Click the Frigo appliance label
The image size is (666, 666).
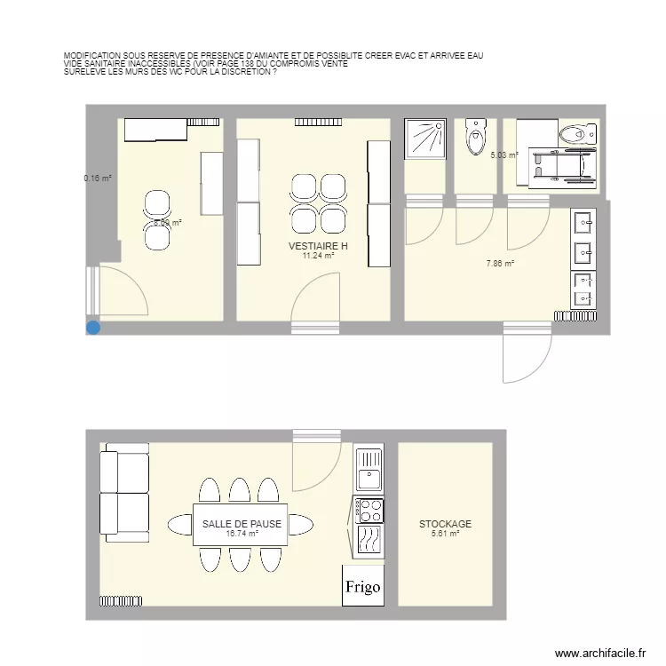(x=362, y=588)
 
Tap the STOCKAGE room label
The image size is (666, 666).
(x=445, y=524)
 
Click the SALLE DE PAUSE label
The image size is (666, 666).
(x=242, y=524)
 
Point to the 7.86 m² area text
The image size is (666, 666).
(x=500, y=263)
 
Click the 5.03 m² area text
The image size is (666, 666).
(x=503, y=155)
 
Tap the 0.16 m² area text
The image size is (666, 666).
(x=98, y=178)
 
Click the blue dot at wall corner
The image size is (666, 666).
(x=92, y=328)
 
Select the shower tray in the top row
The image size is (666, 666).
(x=425, y=139)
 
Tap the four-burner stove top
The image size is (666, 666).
(x=369, y=511)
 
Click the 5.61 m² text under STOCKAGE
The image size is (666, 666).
(x=445, y=534)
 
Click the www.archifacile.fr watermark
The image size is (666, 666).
(x=601, y=654)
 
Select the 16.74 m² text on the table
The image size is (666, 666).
(x=242, y=534)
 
